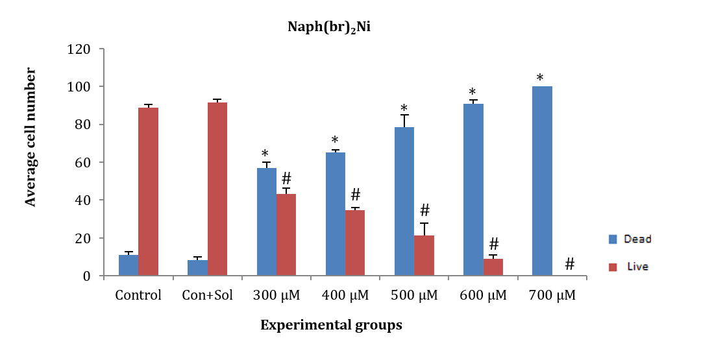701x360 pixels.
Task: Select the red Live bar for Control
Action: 148,192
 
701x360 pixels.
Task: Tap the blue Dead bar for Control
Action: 129,265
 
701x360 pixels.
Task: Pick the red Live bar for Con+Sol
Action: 217,189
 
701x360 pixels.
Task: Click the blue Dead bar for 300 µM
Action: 266,222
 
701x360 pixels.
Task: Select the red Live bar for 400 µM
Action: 354,243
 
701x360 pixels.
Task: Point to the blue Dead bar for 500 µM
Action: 404,202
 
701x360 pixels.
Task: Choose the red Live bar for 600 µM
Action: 493,267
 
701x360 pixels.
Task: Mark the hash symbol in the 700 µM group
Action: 569,263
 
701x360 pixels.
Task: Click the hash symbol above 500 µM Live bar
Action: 425,210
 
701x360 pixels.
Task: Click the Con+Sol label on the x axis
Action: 207,296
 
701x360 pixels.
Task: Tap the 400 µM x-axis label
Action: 345,296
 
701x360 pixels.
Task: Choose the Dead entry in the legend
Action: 629,239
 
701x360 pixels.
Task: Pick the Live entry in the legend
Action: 629,266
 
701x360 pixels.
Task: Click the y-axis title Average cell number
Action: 31,138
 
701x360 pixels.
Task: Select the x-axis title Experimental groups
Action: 331,326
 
